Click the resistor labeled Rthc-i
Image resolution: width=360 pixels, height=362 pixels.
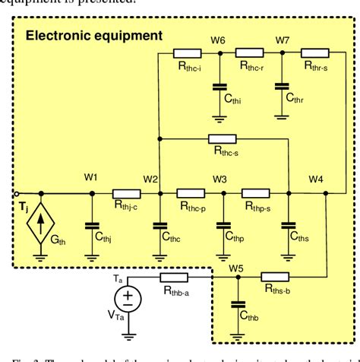187,52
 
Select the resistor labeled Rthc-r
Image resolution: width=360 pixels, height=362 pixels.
248,52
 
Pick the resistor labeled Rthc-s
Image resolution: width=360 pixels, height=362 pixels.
222,139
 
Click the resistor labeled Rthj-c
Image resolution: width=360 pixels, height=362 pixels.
126,193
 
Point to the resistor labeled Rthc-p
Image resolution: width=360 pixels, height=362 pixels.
191,193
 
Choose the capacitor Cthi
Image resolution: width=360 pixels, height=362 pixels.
219,86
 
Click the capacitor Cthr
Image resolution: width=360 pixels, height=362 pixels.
282,86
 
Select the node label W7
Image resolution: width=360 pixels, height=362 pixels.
282,40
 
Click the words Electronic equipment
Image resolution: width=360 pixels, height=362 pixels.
93,35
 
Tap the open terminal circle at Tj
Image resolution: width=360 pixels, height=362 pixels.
5,193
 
